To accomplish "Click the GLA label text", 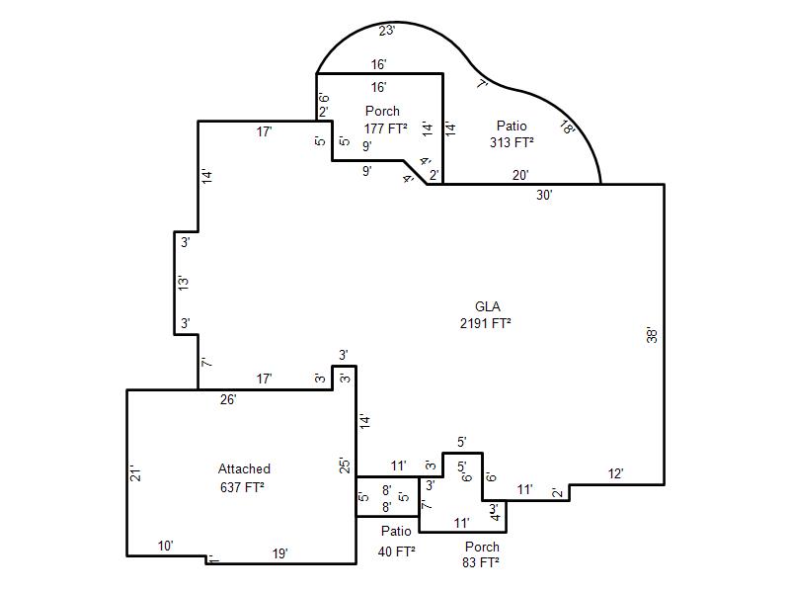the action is [x=487, y=306].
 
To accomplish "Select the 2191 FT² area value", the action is [x=485, y=323].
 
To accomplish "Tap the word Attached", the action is [x=244, y=468].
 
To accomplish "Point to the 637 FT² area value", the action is [x=242, y=487].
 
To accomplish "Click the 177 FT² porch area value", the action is [x=385, y=128].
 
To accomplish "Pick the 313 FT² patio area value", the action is [x=512, y=142].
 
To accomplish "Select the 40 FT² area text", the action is [x=396, y=551].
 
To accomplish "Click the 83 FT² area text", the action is [x=481, y=562].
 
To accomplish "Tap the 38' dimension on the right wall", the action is [x=652, y=335].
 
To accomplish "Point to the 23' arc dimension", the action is [x=386, y=31].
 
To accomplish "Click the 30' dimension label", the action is [x=544, y=195].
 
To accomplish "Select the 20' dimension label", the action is [x=520, y=175].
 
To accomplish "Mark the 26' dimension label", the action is [x=228, y=399].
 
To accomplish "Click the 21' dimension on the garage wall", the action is [x=135, y=473].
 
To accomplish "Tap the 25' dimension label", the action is [x=345, y=465].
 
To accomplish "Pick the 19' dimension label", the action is [x=280, y=553].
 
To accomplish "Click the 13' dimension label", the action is [x=184, y=283].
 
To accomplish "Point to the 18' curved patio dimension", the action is [x=567, y=127].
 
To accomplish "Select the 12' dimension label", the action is [x=615, y=474].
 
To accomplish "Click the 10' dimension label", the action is [x=165, y=546].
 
